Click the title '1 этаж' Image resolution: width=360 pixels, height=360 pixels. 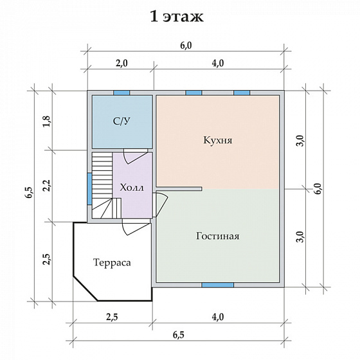177,17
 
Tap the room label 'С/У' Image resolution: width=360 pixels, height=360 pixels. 122,122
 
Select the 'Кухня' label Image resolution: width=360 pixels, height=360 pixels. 218,140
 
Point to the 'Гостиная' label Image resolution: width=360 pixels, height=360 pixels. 217,236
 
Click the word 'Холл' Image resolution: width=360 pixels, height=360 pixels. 132,188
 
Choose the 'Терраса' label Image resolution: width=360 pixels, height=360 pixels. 112,262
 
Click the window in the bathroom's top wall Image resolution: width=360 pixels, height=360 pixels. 122,93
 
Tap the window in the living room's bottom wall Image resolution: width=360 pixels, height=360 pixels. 218,285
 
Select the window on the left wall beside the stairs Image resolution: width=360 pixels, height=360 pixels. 89,189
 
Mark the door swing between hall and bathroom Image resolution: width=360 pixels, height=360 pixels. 136,156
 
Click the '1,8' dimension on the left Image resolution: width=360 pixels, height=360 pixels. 46,122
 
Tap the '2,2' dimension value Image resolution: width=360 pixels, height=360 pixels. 47,185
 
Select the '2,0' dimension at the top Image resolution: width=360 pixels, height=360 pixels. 122,63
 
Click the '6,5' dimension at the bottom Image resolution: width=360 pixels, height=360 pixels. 179,335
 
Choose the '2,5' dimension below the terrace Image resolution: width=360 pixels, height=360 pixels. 112,317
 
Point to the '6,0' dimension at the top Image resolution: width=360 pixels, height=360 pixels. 186,46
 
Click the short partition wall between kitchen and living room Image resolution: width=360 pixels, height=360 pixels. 179,189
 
